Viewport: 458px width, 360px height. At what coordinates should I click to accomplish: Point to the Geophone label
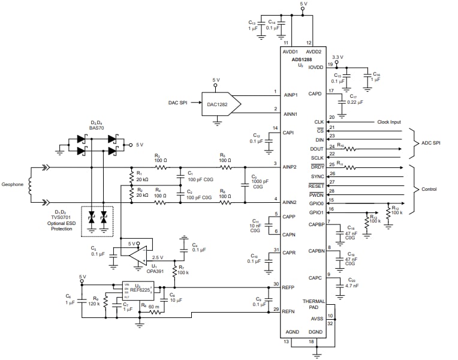pos(13,185)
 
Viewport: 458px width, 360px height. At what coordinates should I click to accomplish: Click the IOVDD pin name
pos(315,68)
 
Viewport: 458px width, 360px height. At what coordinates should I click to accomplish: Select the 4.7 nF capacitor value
pos(352,286)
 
